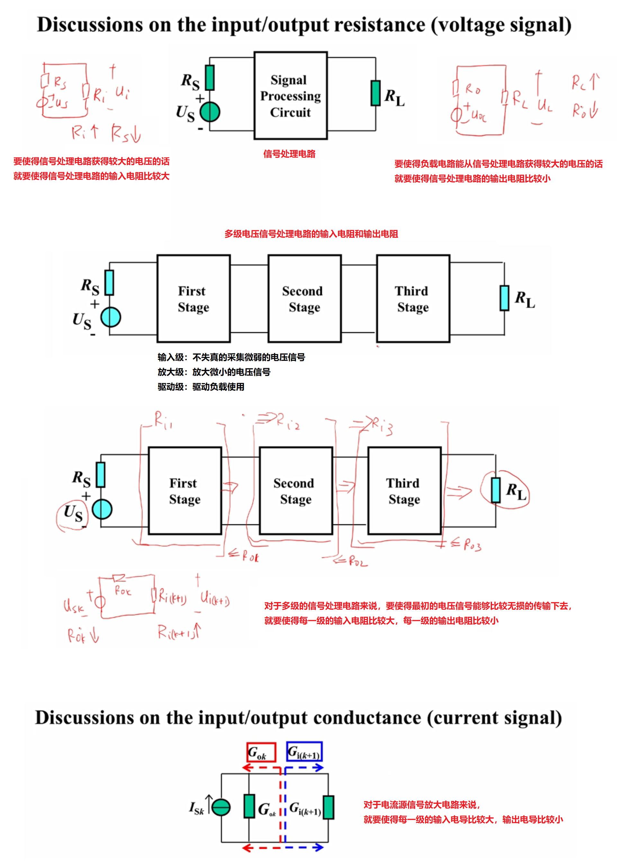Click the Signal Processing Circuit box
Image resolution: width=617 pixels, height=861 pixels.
click(291, 96)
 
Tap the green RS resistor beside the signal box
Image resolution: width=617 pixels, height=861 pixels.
click(209, 78)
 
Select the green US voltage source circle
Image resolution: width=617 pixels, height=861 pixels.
click(210, 112)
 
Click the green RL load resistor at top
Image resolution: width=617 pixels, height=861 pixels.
click(376, 93)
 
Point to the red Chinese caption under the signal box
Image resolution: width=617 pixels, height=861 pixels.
click(289, 154)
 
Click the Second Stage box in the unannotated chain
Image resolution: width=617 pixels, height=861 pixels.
click(305, 299)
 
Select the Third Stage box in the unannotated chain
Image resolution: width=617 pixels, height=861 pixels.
click(413, 299)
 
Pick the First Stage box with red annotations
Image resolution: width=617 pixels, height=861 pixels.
click(185, 491)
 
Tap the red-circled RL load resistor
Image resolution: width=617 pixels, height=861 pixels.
click(496, 490)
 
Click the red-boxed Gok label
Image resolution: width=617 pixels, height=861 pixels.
click(261, 752)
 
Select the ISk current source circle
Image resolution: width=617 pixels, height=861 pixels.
click(221, 807)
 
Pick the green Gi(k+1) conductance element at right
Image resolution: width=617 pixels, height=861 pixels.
click(328, 807)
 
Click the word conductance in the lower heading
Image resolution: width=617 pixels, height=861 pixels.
click(367, 718)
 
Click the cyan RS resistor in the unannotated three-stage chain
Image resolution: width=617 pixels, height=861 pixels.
click(109, 282)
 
